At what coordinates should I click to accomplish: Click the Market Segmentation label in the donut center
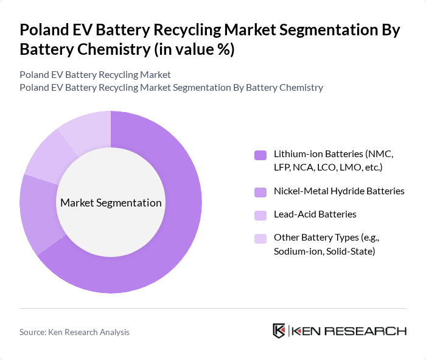click(111, 203)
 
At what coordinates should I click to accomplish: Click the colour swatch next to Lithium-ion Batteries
click(260, 155)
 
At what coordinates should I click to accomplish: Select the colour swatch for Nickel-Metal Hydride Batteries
click(260, 192)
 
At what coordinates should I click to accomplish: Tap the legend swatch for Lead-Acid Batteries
click(260, 215)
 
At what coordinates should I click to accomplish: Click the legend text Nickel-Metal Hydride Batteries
click(339, 191)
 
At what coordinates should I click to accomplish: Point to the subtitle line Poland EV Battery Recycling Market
click(95, 75)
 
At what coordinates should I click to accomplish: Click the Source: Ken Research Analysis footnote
click(74, 332)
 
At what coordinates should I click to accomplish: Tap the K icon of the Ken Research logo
click(279, 331)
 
